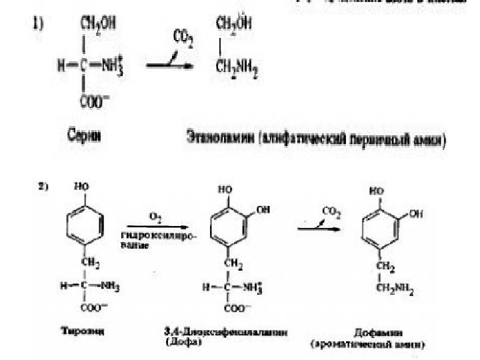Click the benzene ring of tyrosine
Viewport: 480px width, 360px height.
pyautogui.click(x=86, y=227)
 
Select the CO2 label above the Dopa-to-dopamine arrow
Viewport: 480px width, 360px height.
pyautogui.click(x=330, y=212)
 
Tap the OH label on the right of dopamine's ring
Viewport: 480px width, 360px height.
pyautogui.click(x=417, y=214)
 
